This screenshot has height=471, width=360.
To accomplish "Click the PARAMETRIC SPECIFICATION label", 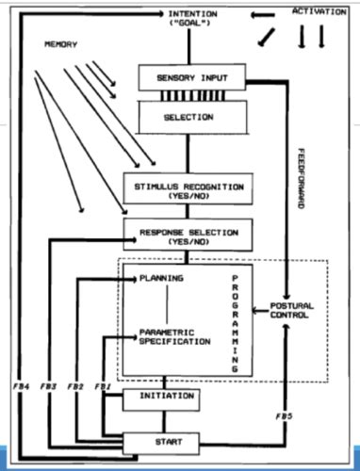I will (x=173, y=335).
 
